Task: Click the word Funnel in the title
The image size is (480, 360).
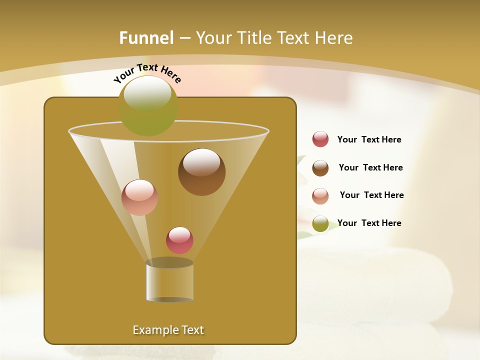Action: point(146,38)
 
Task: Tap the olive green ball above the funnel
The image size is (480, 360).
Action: point(148,105)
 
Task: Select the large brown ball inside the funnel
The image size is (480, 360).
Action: point(201,172)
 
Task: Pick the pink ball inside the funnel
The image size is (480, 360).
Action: point(139,197)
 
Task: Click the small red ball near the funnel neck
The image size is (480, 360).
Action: point(179,240)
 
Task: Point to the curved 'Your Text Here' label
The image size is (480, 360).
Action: point(147,72)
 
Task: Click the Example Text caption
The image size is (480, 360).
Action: point(168,330)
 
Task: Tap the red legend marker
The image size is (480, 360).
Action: point(320,139)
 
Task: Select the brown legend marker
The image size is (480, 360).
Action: point(320,168)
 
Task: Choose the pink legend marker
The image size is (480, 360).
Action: point(320,195)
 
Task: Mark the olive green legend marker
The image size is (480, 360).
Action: point(320,223)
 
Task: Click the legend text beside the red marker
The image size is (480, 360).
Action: point(369,140)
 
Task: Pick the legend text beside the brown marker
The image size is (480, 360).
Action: point(370,168)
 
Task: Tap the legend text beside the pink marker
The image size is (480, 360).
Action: point(371,195)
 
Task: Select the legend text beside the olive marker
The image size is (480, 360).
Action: point(369,223)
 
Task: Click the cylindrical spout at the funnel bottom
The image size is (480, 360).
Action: point(169,281)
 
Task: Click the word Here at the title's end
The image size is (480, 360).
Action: point(332,38)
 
